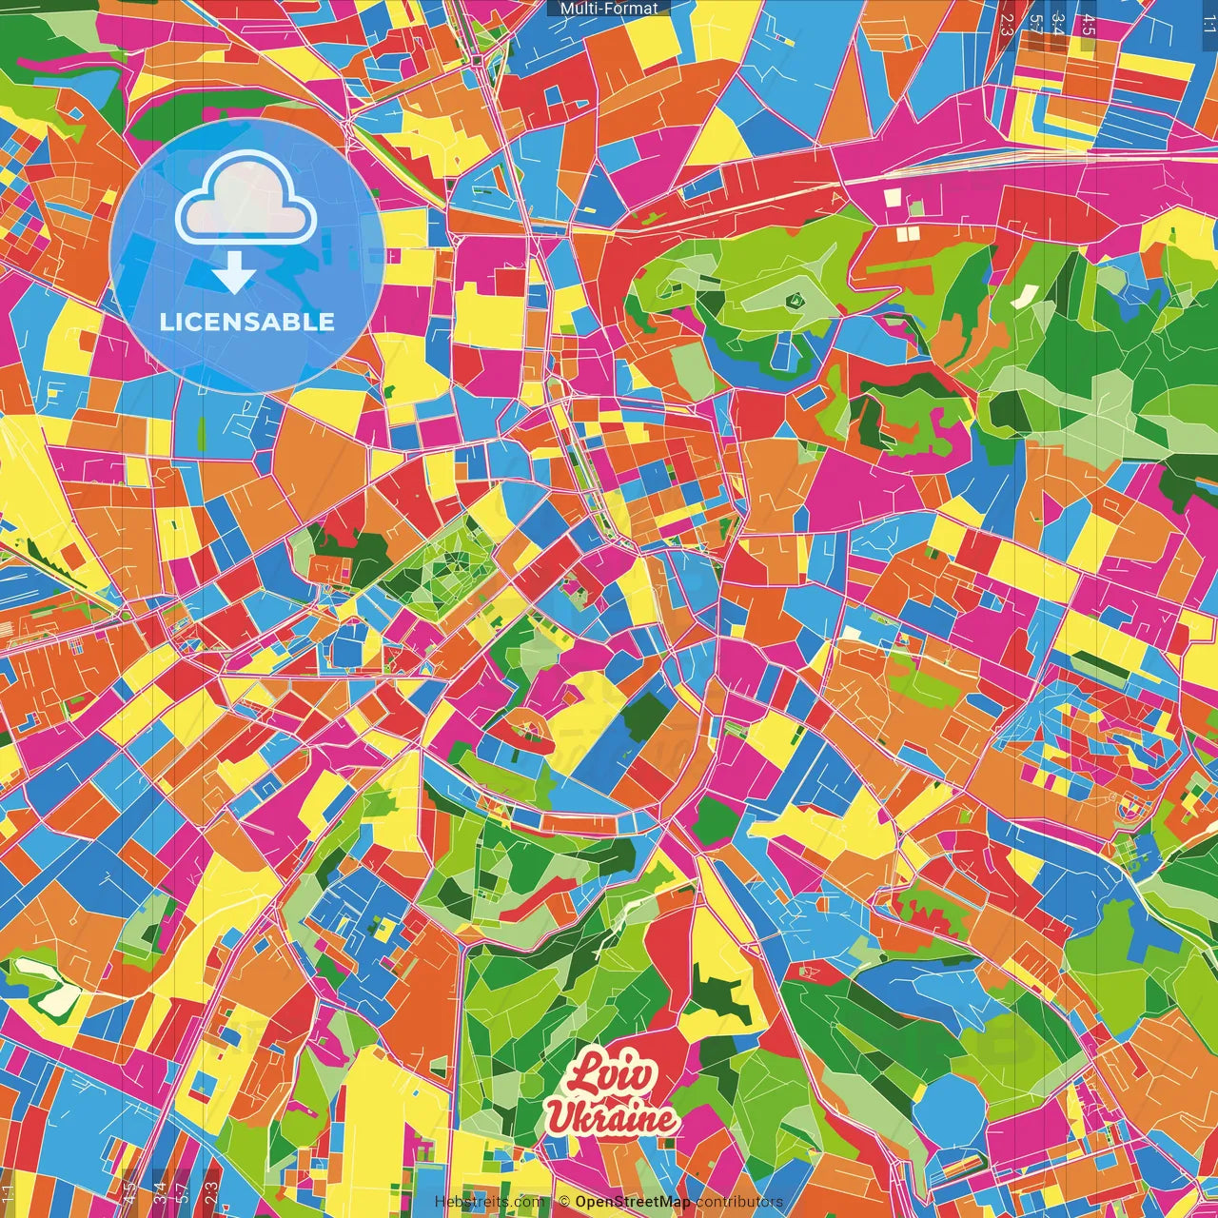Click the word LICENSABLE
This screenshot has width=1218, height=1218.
247,322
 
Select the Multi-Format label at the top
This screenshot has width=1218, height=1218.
609,9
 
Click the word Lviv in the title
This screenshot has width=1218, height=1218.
614,1076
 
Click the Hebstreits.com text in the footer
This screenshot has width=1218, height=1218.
490,1202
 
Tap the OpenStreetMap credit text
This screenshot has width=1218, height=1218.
632,1202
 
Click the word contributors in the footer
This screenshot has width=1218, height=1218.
739,1202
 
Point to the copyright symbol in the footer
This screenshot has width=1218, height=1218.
563,1202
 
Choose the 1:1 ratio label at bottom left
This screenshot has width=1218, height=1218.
9,1195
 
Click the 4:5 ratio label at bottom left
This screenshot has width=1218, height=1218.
130,1193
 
